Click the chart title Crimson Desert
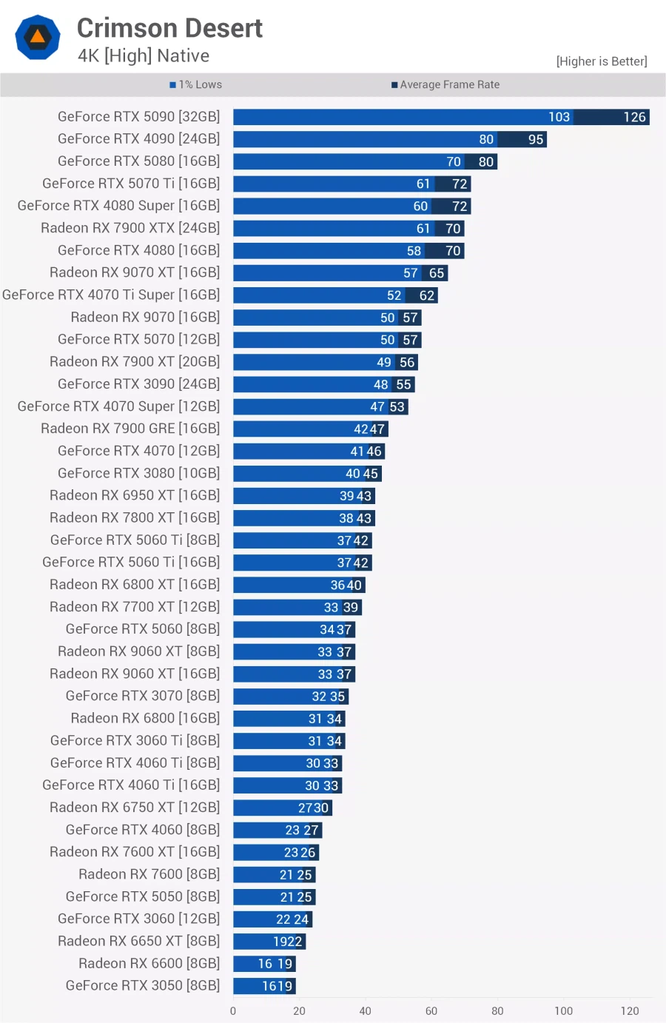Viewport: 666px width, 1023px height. [x=169, y=28]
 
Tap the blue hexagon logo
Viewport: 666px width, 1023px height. [x=38, y=37]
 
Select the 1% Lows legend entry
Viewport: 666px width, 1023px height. [x=196, y=84]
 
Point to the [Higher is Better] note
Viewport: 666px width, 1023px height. [x=601, y=61]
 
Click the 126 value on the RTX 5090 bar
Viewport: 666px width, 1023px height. [x=634, y=117]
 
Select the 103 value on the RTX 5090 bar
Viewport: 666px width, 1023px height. [x=559, y=117]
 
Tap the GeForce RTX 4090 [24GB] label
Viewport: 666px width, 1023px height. [x=138, y=138]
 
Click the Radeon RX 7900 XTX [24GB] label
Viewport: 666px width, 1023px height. [x=130, y=228]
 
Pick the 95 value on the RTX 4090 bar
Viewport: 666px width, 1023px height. [x=536, y=139]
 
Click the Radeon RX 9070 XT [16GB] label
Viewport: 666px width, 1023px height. [x=135, y=272]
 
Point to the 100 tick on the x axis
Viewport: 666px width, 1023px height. [x=563, y=1010]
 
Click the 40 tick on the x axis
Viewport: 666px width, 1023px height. [x=366, y=1010]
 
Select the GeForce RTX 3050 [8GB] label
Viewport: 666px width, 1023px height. [x=143, y=985]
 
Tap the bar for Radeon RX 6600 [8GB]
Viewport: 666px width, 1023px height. [x=264, y=964]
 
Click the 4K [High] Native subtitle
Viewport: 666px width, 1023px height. [x=144, y=56]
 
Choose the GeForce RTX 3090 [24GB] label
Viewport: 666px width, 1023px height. [x=138, y=383]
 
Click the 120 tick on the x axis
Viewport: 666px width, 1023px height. [x=630, y=1010]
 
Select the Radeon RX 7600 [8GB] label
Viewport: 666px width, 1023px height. [x=149, y=874]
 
